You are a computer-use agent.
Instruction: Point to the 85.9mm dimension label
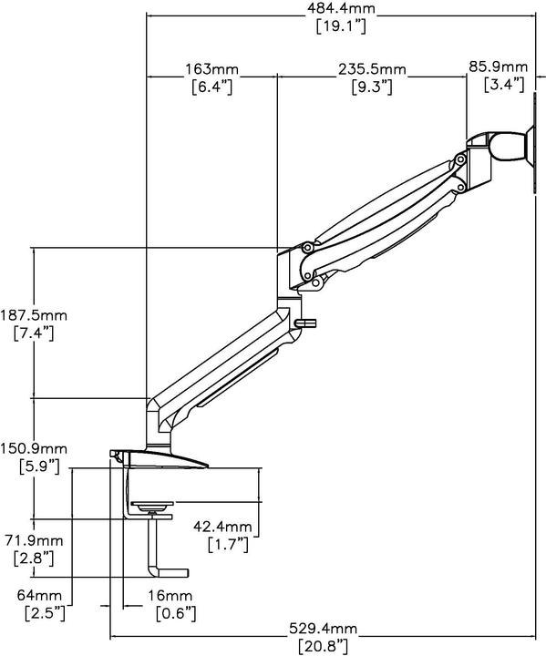point(499,67)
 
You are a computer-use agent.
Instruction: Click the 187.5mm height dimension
point(36,315)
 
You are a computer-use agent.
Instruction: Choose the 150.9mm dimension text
point(36,449)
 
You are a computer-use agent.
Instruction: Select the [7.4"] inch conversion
point(36,333)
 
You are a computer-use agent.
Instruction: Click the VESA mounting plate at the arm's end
point(534,149)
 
